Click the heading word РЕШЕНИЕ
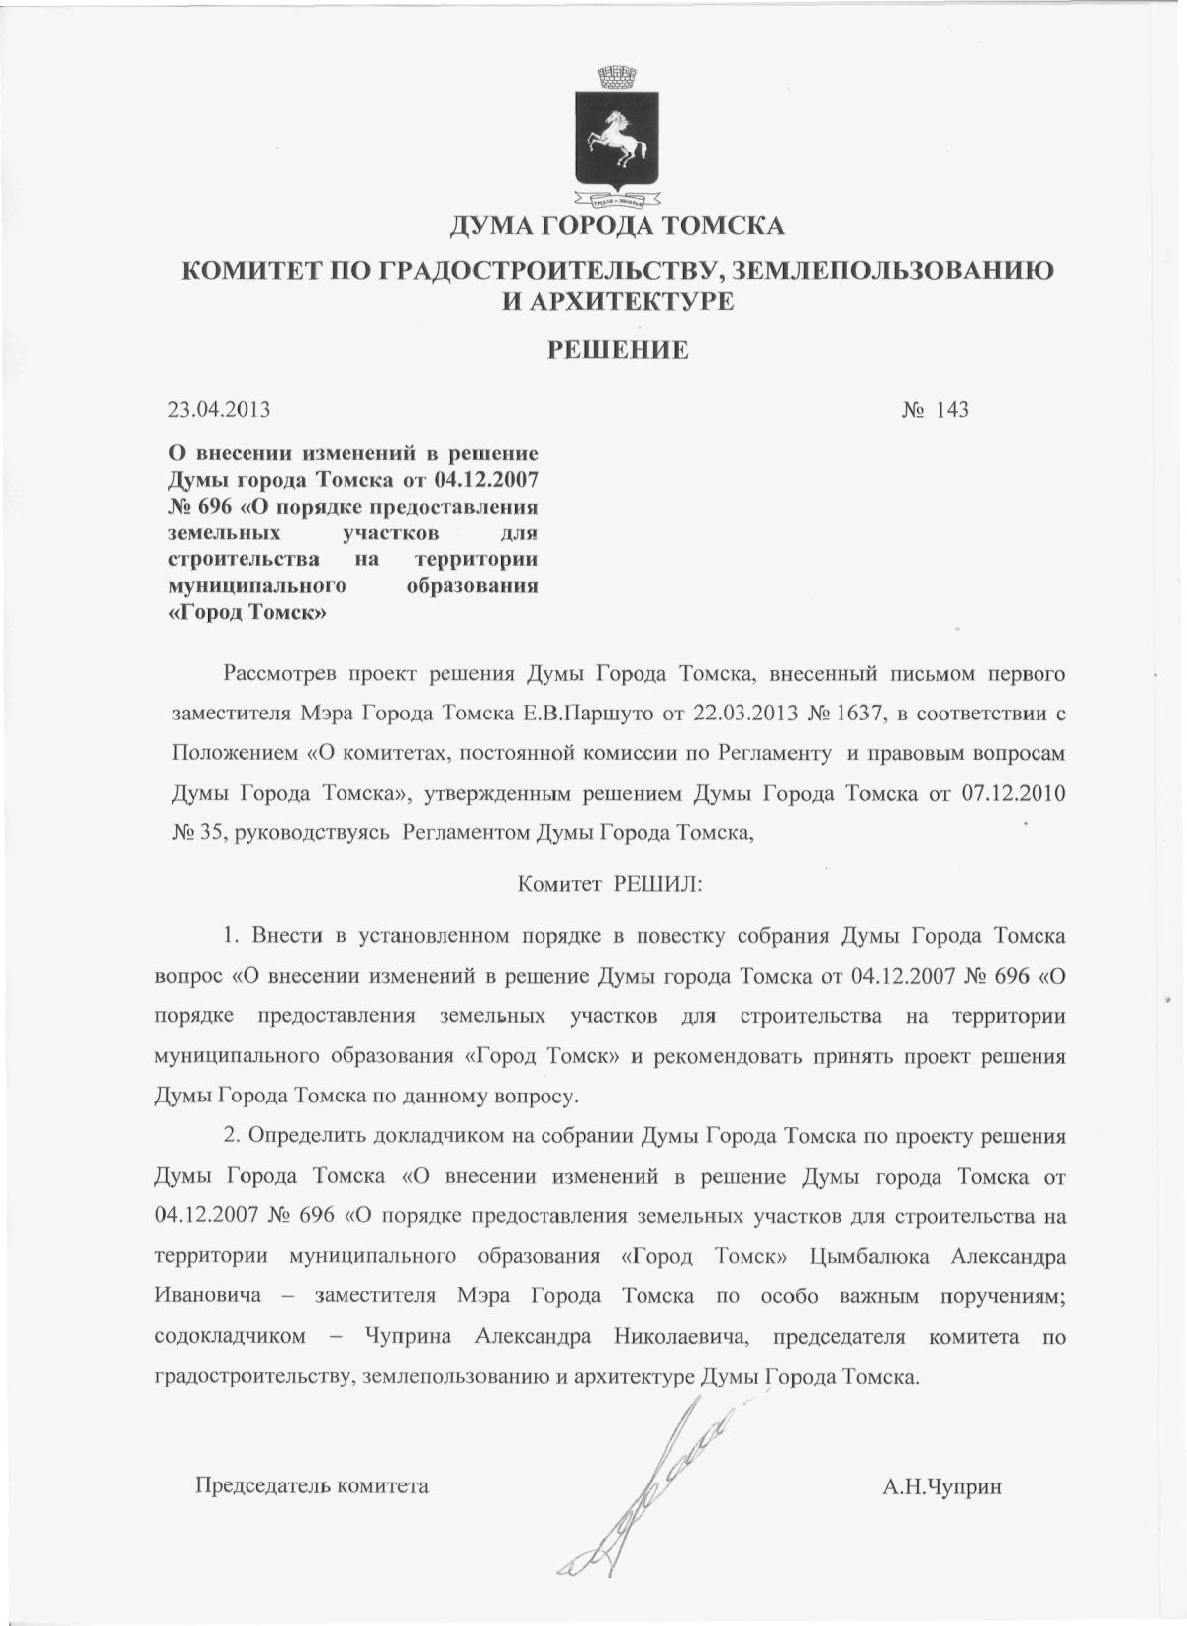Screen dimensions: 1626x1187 tap(619, 349)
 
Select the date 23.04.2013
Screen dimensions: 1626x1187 tap(220, 409)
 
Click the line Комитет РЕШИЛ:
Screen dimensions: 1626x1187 tap(610, 884)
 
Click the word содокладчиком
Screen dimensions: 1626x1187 tap(231, 1337)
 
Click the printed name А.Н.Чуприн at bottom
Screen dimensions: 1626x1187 tap(942, 1485)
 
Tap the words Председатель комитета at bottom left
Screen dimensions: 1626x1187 tap(312, 1485)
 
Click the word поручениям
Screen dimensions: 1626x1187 tap(1001, 1296)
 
